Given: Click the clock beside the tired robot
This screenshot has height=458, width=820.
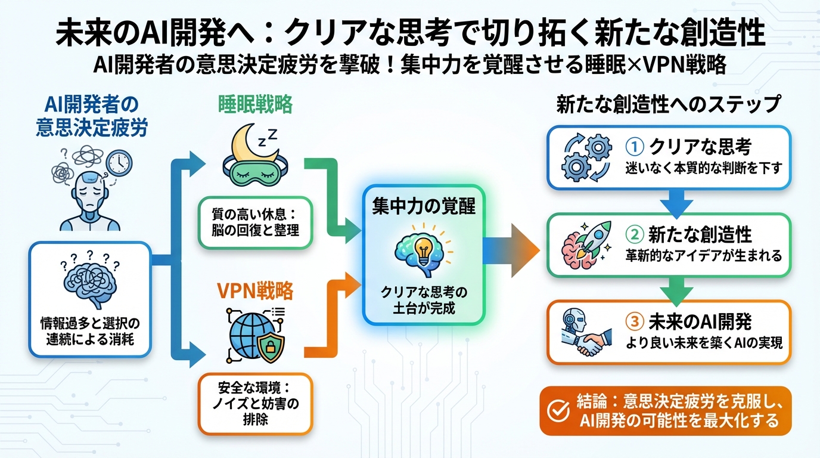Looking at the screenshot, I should point(119,162).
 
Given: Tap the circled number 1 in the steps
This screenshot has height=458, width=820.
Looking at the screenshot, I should point(634,147).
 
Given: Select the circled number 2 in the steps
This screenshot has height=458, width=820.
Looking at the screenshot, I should point(634,234).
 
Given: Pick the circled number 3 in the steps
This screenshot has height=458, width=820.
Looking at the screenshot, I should point(634,321).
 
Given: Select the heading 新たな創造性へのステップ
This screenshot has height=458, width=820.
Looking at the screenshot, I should point(668,104).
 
